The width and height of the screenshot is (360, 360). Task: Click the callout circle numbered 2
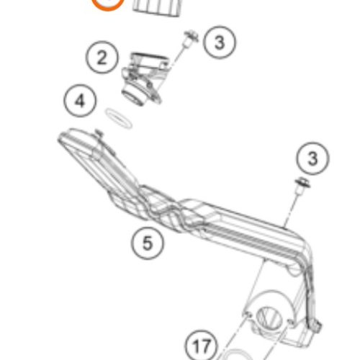[x=102, y=58]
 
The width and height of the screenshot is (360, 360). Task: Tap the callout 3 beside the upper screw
[x=220, y=42]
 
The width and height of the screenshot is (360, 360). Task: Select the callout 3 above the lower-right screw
[x=312, y=158]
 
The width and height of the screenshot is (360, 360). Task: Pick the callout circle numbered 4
[x=80, y=101]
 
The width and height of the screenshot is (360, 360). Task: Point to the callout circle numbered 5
[x=148, y=243]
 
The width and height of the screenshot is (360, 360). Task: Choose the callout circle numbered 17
[x=202, y=346]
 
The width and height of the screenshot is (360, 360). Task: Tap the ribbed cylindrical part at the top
[x=156, y=8]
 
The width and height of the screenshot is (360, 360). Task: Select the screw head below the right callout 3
[x=302, y=185]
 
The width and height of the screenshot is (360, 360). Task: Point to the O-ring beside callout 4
[x=119, y=118]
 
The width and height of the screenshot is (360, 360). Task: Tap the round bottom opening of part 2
[x=132, y=96]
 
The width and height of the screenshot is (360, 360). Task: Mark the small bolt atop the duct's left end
[x=99, y=133]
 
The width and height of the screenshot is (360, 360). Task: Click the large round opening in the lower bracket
[x=269, y=318]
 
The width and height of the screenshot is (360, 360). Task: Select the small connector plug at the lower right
[x=316, y=326]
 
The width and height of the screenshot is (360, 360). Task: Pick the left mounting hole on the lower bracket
[x=247, y=314]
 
